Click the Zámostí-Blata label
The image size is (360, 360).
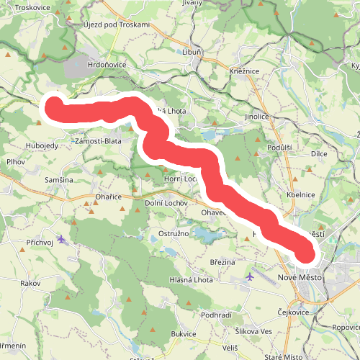(x=98, y=141)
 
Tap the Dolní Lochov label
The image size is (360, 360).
(x=166, y=203)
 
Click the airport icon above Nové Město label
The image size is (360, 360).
(x=250, y=276)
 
